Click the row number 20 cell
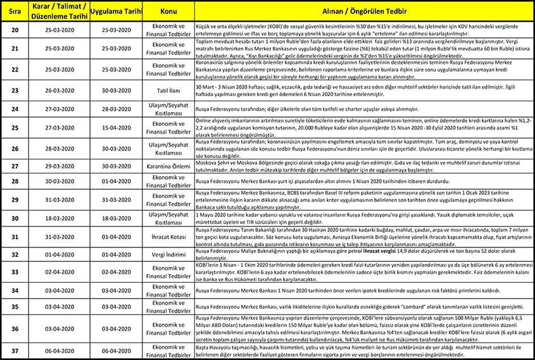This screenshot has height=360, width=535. point(15,30)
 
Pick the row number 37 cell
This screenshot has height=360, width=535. point(15,350)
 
